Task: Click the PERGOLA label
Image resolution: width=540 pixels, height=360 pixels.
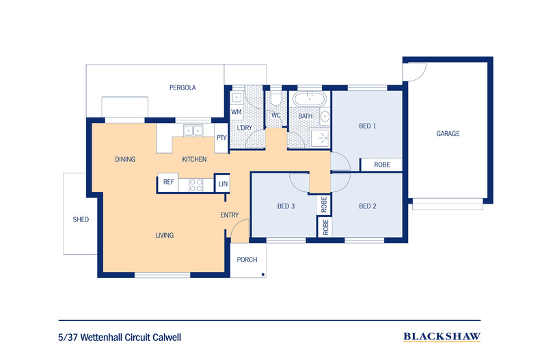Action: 183,87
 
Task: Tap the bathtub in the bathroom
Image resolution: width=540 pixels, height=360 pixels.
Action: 309,99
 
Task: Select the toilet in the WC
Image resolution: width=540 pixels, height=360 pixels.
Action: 275,100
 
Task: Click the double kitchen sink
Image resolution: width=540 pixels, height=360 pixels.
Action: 193,130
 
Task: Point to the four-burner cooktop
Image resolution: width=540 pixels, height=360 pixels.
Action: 196,185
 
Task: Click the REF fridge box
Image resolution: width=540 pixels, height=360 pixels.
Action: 168,182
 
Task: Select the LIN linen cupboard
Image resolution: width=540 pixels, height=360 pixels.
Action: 222,184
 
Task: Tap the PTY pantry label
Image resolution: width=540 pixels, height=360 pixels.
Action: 221,138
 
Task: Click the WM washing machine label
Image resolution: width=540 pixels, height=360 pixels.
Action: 237,112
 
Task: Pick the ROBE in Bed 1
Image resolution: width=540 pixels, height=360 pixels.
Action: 381,165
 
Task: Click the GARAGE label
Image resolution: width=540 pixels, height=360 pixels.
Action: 448,133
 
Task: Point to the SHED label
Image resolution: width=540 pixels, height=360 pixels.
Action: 81,219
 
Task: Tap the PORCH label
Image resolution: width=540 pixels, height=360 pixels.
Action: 247,260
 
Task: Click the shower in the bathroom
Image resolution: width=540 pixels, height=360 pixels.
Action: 320,139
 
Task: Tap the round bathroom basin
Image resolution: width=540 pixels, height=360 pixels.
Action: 325,116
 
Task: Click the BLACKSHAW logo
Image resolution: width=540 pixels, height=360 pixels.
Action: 442,337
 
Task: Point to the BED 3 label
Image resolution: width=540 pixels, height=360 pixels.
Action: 286,206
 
